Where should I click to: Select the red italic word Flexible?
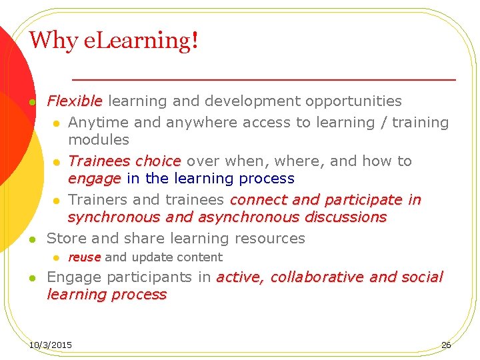(74, 101)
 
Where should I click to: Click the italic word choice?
(158, 161)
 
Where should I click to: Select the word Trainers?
(96, 200)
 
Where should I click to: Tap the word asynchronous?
(239, 217)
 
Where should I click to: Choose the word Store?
(65, 239)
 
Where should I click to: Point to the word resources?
(271, 239)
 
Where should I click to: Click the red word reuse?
(84, 257)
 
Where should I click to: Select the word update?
(151, 257)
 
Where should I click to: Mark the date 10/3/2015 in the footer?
(51, 345)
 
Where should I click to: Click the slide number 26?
(446, 345)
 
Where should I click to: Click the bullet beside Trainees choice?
(57, 162)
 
